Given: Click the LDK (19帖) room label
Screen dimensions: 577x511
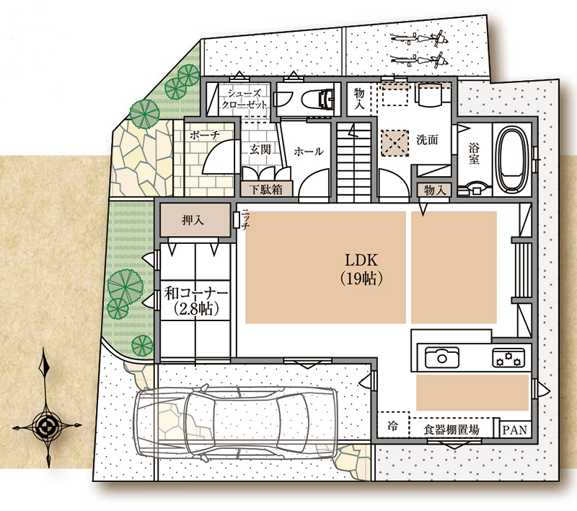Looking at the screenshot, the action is (x=361, y=269).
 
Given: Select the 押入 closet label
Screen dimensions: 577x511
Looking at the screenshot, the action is (x=193, y=220).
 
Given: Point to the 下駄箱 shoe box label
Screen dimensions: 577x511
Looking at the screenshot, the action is (x=265, y=189).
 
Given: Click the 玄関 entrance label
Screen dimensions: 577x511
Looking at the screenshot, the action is (x=260, y=149).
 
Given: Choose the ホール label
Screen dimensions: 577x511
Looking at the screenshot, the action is (x=309, y=152).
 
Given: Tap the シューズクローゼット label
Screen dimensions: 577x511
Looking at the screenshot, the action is (x=244, y=99).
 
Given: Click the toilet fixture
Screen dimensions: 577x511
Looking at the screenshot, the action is (x=318, y=100).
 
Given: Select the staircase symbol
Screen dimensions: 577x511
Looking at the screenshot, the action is (x=354, y=162).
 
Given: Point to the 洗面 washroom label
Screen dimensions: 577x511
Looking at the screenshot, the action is (x=427, y=139).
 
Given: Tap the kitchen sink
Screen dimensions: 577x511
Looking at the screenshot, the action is (x=441, y=357).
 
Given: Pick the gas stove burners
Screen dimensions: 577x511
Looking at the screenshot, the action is (x=508, y=358).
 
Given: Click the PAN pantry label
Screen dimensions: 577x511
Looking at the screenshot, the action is (x=515, y=429).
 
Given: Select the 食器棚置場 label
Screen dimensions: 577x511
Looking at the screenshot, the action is (x=452, y=429).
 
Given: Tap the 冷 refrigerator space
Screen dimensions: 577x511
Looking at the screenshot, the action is (x=392, y=427).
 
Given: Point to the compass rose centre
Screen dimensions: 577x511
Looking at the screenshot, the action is (x=47, y=427).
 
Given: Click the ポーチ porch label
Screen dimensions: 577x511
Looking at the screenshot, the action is (x=205, y=135).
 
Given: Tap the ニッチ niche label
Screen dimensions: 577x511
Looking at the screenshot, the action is (x=245, y=219).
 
